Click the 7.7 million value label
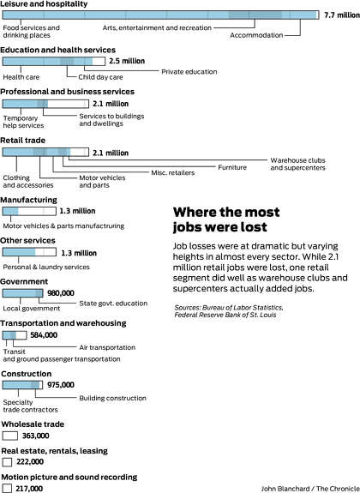342,15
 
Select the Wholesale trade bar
10,436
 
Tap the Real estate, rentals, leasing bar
7,462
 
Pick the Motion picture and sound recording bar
7,488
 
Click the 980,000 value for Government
61,293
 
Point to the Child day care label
100,77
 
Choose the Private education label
189,72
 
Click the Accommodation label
256,35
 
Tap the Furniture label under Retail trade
232,167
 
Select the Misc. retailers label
172,172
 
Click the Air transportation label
107,347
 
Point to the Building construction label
112,398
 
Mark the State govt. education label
113,304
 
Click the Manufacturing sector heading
28,200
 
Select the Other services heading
27,241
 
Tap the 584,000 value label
44,335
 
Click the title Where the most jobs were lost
226,219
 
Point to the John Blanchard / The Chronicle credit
310,489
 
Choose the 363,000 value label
35,436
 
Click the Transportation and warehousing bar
15,335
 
